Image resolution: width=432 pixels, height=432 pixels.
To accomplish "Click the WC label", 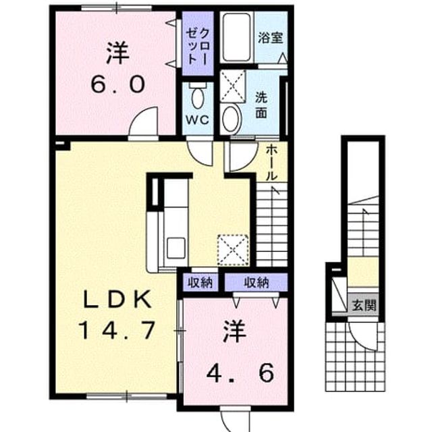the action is pos(197,119).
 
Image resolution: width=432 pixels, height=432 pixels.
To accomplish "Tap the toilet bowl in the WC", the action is pos(198,97).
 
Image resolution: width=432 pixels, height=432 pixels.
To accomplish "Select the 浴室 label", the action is pos(271,38).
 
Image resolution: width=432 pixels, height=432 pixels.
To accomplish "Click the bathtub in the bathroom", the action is pos(237,38).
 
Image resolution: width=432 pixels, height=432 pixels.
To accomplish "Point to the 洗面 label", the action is pos(261,105).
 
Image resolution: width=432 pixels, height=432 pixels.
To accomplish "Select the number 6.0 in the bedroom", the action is pos(118,84).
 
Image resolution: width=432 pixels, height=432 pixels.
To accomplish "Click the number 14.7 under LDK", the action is pos(117,331).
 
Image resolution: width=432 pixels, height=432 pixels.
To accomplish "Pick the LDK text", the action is pos(117,300).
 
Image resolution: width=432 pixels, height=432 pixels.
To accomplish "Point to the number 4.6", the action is pos(240,373).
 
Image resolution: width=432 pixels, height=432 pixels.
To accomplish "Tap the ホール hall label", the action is pos(271,163).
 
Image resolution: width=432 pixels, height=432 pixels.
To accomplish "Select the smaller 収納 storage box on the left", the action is pos(200,283).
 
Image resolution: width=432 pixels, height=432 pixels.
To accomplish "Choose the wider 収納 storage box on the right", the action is pos(256,282).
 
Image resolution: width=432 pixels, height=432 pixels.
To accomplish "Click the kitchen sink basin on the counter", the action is pos(176,248).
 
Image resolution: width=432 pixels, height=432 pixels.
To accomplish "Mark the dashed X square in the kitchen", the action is pos(233,250).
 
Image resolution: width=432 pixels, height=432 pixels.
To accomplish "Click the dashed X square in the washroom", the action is pos(233,86).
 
